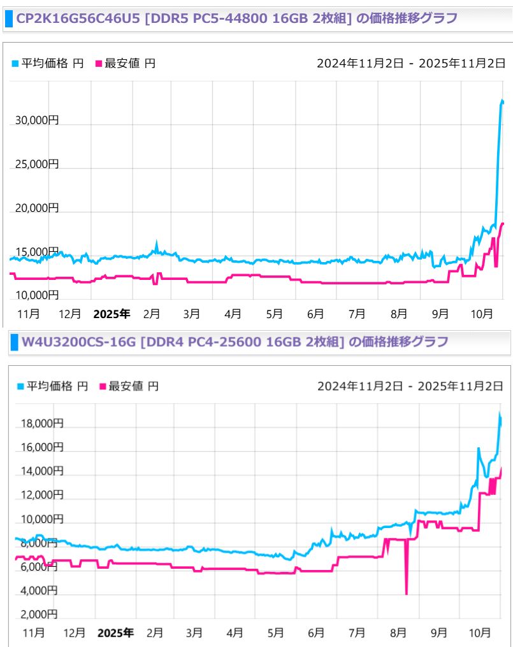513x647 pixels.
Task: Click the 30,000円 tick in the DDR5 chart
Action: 37,120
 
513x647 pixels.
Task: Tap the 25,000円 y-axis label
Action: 37,163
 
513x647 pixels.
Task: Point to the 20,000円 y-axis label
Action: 37,207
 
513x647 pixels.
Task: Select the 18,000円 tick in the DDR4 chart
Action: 40,424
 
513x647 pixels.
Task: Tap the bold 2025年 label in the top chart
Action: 112,314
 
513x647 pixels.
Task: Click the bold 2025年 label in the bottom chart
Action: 115,633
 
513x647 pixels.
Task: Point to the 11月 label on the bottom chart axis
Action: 33,633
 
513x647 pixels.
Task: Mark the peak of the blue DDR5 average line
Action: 502,101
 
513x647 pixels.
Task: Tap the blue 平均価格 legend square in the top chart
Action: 16,64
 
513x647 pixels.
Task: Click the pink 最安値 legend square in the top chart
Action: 98,64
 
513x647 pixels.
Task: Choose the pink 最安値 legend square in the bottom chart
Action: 103,386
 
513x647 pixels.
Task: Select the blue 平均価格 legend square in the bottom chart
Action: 20,386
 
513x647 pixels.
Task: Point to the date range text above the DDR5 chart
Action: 411,63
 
